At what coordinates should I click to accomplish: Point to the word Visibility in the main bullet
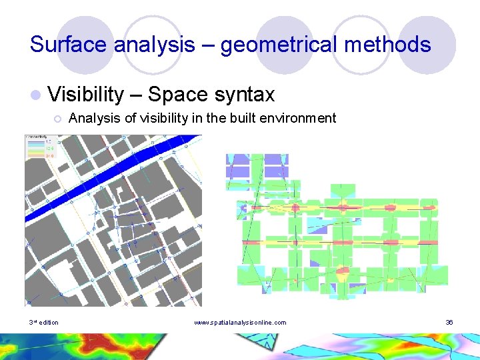(86, 95)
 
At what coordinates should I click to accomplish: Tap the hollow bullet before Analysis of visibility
(58, 119)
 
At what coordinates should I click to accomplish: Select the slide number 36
(449, 323)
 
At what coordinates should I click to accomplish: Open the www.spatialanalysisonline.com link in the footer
(239, 323)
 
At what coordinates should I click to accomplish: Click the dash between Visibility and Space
(136, 95)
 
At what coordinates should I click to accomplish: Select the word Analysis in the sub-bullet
(94, 118)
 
